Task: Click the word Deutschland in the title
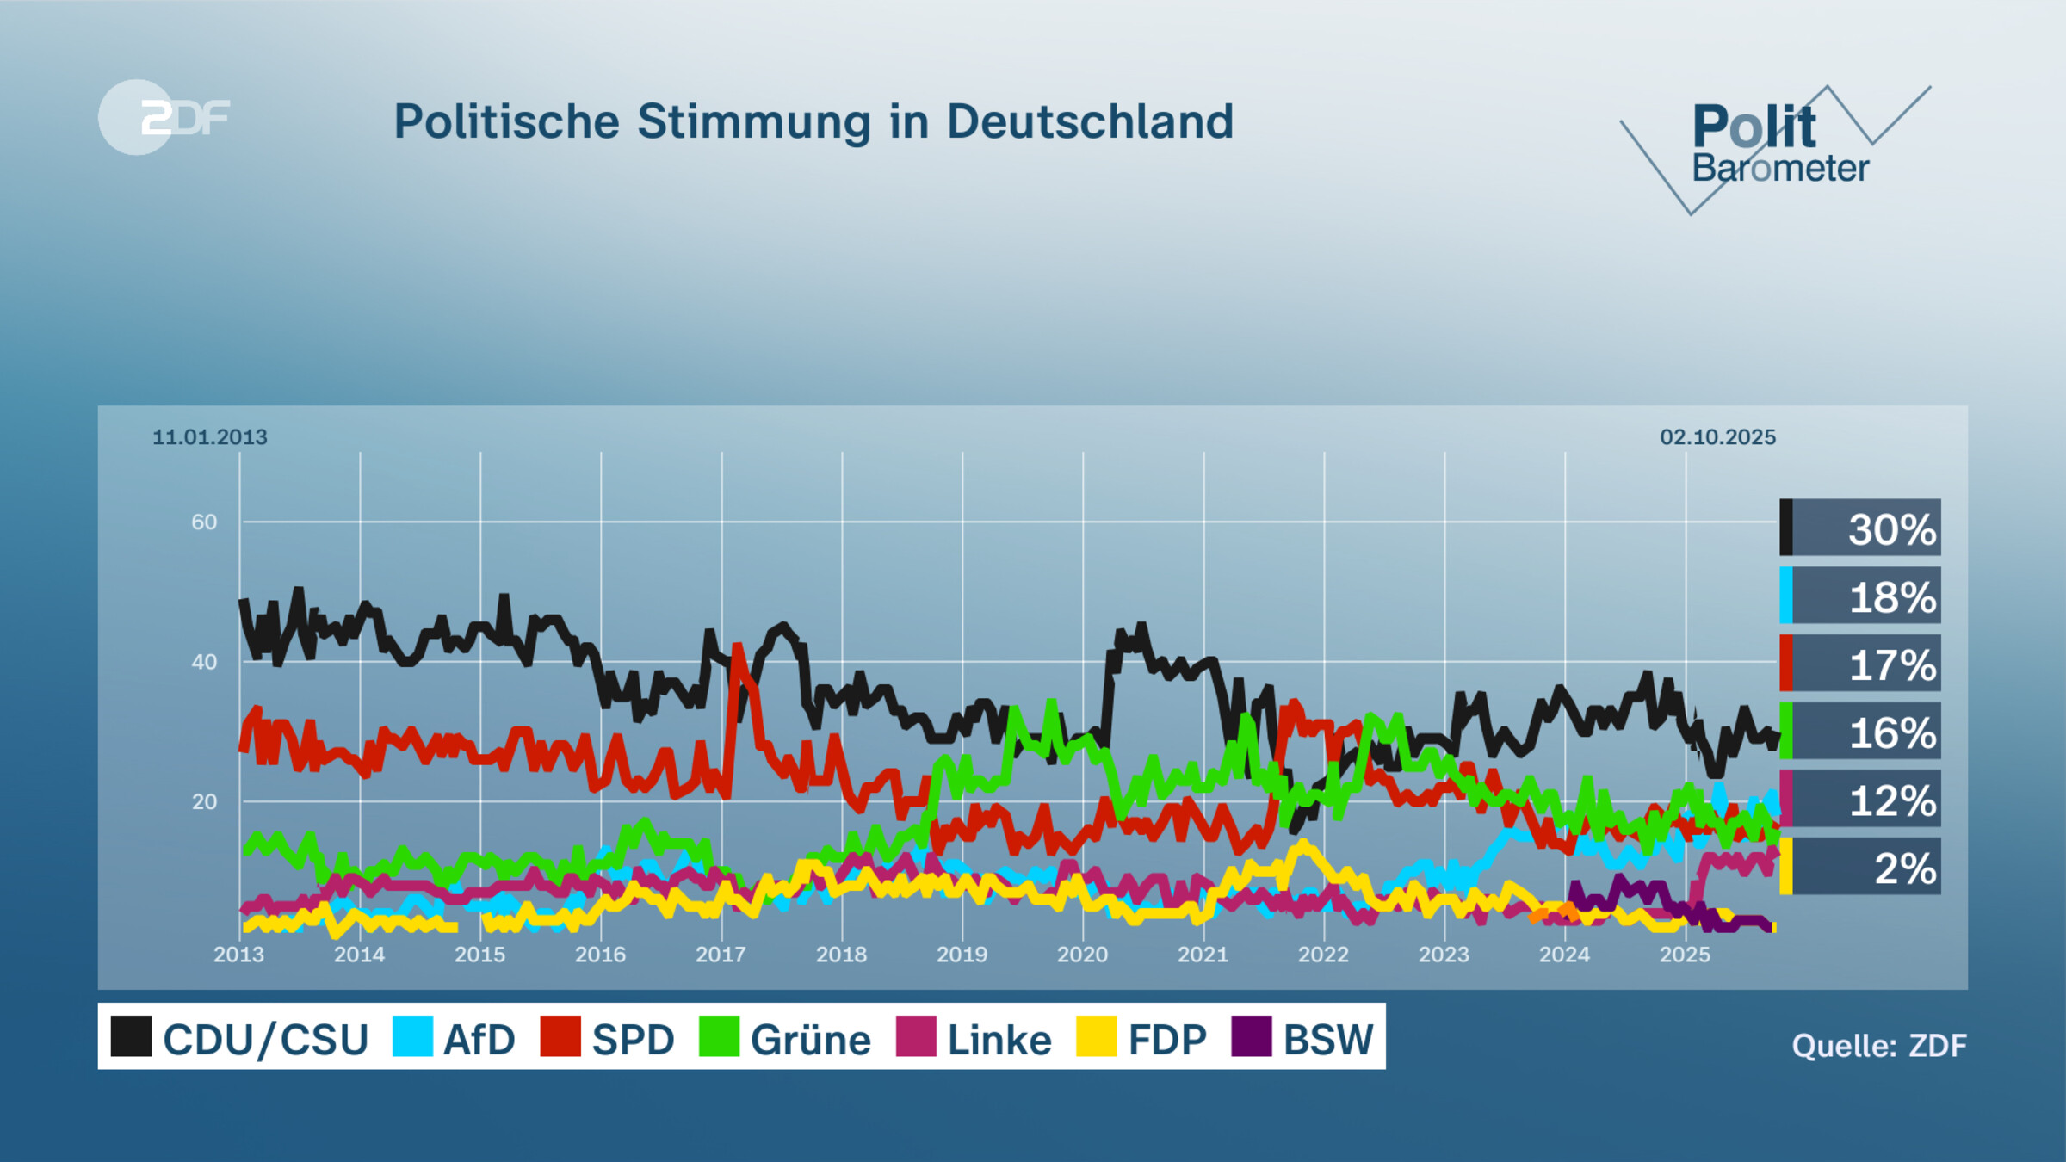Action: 1090,121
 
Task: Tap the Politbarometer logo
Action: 1775,146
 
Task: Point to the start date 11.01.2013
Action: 210,437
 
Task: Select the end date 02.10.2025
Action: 1717,437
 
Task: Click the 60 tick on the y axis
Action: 204,522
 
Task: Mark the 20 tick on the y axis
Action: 204,802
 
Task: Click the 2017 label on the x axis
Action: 721,955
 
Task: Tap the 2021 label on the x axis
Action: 1203,955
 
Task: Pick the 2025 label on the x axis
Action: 1685,955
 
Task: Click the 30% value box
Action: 1861,528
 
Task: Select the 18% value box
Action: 1861,596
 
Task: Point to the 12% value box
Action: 1861,800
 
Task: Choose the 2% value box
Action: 1861,868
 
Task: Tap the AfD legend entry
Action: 455,1038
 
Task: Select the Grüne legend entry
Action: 785,1038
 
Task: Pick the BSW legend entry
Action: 1303,1038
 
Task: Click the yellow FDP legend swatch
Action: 1096,1036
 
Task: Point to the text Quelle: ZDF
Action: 1878,1046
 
